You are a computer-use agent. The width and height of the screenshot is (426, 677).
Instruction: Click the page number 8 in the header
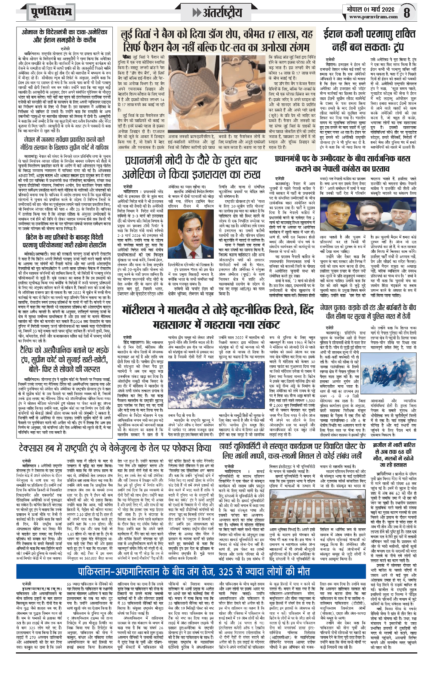[x=406, y=13]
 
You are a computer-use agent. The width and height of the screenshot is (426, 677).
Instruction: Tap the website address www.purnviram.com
[x=373, y=17]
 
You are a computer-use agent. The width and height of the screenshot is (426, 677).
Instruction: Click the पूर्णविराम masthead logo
[x=51, y=12]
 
